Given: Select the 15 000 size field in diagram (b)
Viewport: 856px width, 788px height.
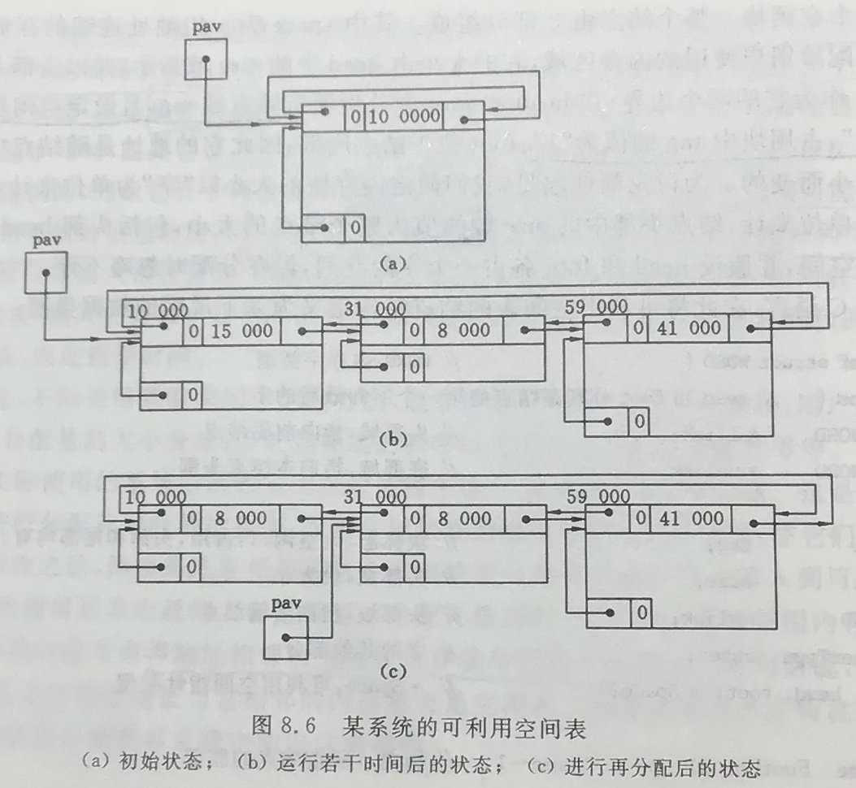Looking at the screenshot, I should (243, 330).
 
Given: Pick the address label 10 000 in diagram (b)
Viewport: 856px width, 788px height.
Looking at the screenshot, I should (158, 310).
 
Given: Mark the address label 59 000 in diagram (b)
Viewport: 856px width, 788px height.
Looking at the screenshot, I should (595, 308).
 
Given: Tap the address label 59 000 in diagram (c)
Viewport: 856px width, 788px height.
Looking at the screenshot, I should (597, 495).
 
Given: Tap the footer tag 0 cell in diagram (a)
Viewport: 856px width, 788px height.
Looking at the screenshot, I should (354, 227).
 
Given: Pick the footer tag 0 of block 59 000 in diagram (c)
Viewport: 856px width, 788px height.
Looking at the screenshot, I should (641, 612).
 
